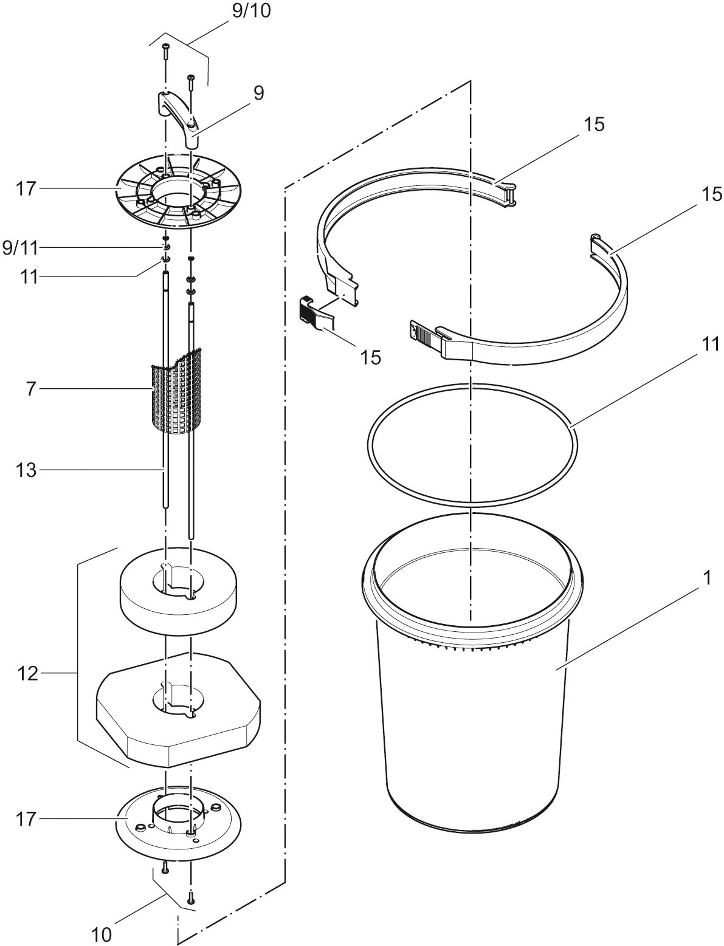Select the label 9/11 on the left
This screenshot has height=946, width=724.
(x=19, y=247)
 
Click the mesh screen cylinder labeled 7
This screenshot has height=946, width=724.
(x=177, y=392)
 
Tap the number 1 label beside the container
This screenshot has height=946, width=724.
(x=707, y=578)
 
